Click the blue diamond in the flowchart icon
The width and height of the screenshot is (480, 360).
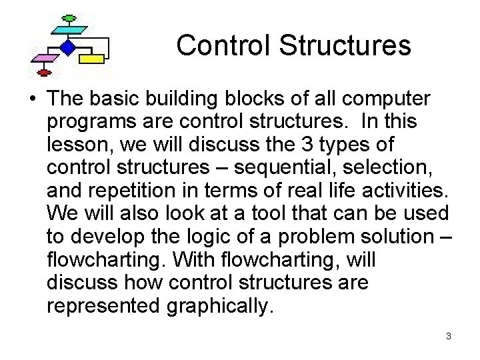tap(67, 47)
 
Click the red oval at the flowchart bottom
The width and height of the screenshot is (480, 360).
tap(44, 71)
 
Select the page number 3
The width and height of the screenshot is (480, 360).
tap(449, 336)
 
